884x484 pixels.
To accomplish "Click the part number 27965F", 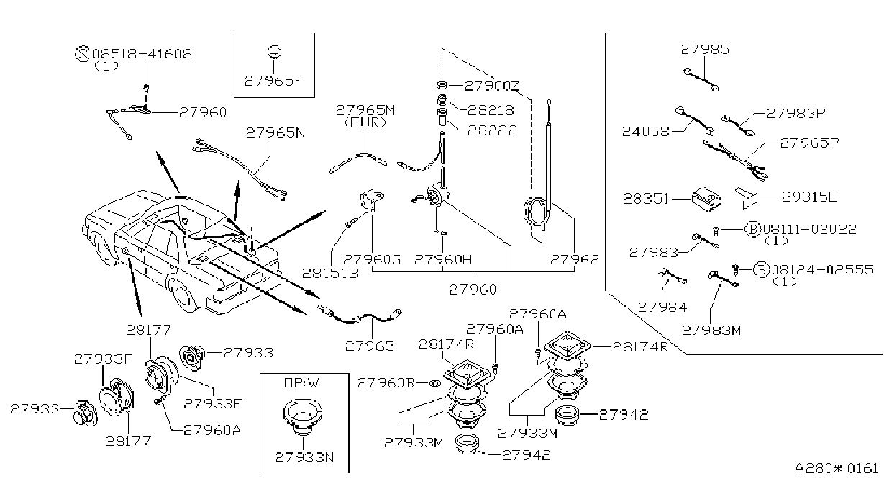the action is tap(273, 81).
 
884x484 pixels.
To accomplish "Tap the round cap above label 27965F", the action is tap(273, 52).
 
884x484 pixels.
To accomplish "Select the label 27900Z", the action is tap(491, 85).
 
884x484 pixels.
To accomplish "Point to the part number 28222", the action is tap(492, 130).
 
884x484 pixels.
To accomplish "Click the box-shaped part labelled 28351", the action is tap(706, 199).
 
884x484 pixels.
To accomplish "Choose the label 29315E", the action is tap(809, 197).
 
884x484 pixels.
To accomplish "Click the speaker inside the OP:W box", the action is tap(303, 417).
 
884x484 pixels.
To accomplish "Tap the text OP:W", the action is tap(302, 382).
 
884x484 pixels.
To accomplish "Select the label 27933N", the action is tap(304, 457).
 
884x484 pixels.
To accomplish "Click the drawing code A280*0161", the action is tap(836, 468).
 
